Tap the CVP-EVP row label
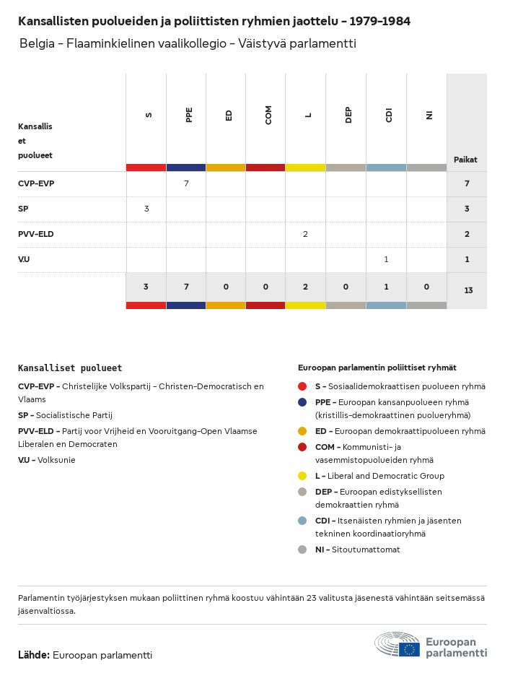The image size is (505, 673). (36, 183)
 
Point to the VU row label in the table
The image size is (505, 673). (24, 259)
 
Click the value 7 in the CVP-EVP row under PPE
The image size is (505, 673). (186, 183)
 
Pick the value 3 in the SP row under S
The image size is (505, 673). (146, 209)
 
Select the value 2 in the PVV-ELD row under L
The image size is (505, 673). (306, 234)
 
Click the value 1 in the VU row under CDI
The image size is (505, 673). (386, 259)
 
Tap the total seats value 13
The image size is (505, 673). (468, 290)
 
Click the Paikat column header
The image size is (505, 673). (465, 160)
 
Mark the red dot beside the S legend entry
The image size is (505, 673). (302, 386)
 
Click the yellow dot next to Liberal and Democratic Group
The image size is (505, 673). (302, 476)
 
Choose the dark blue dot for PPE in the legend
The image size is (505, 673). (302, 402)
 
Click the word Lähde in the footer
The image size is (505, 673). (33, 655)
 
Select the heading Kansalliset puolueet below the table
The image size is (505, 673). (70, 368)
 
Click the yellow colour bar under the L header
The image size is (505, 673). (306, 168)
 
